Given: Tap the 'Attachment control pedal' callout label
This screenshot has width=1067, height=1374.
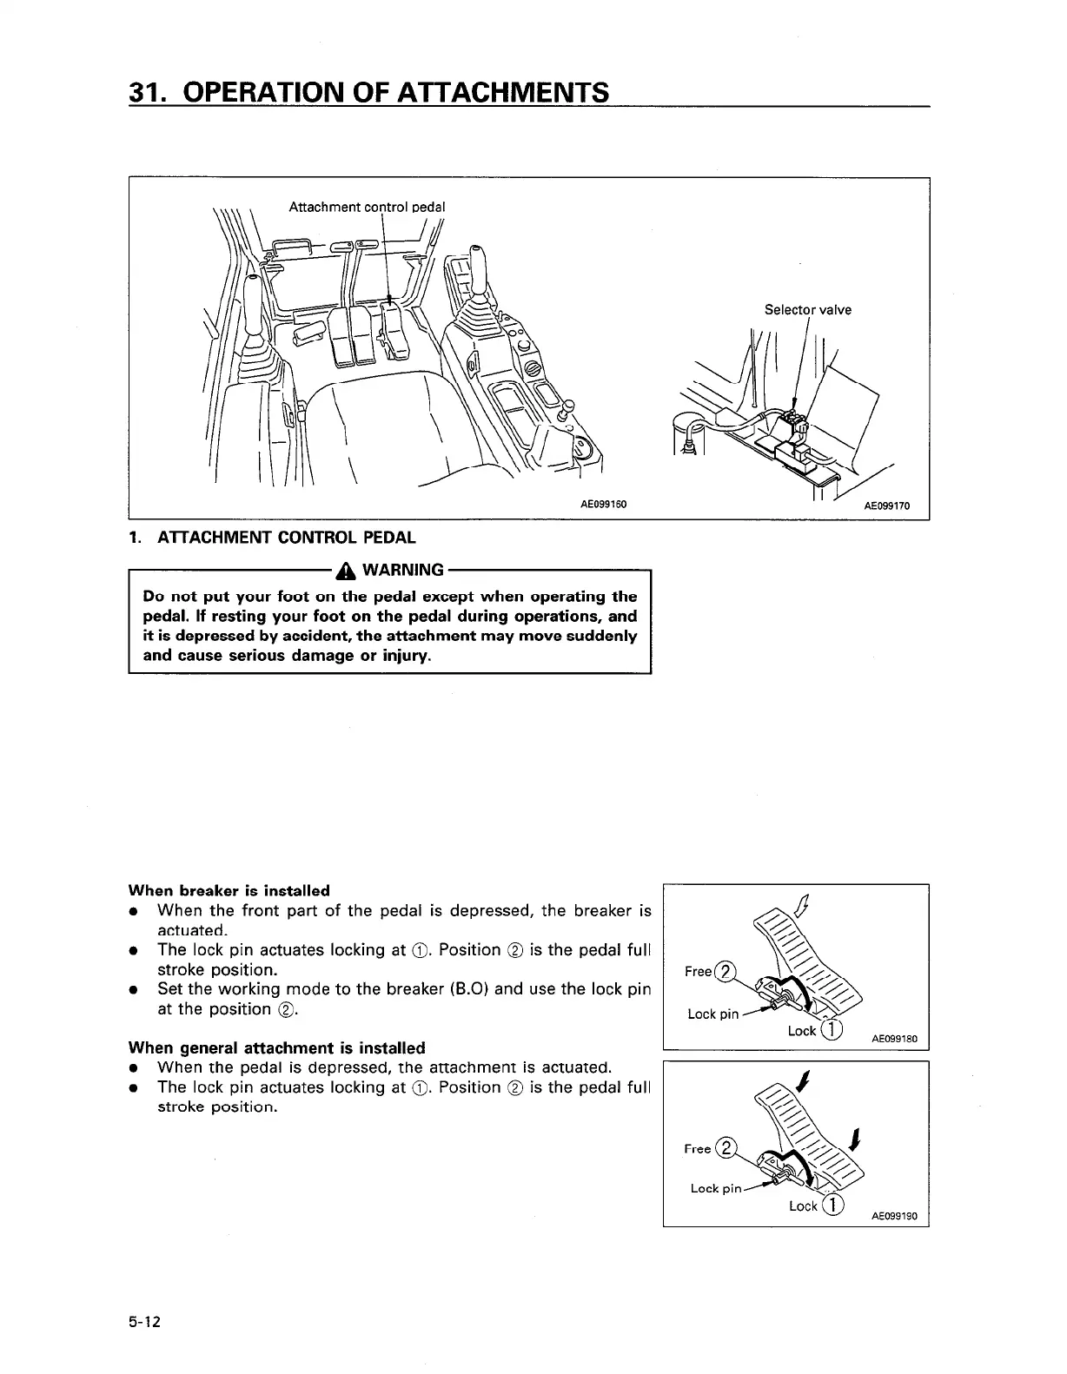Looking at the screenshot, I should point(366,207).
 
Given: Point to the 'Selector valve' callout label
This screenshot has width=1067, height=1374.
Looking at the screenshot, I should point(807,309).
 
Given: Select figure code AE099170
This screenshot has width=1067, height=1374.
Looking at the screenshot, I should point(886,506).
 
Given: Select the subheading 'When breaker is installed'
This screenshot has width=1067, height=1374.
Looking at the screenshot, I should point(229,890).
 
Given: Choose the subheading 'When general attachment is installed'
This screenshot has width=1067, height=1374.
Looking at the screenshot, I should point(276,1047).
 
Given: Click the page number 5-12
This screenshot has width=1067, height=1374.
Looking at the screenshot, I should point(146,1323).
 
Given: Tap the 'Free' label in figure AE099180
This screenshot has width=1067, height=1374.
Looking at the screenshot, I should point(698,971).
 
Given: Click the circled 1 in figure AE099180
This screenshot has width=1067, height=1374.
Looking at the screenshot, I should point(832,1030).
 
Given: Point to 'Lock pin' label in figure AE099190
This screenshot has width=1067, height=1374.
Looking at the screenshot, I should point(716,1187).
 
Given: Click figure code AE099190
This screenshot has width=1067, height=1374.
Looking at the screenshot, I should point(895,1217).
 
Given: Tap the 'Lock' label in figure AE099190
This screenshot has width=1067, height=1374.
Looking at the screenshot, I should point(803,1206).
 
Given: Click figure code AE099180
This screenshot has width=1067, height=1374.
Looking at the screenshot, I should point(895,1039).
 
